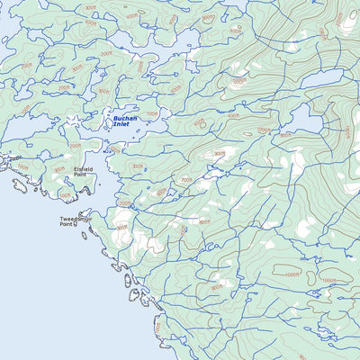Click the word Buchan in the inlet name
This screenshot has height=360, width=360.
[x=124, y=118]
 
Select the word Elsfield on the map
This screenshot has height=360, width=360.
[x=85, y=167]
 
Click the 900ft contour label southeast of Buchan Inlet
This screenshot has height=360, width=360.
[x=219, y=153]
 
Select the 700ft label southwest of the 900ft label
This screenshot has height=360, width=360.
[x=186, y=180]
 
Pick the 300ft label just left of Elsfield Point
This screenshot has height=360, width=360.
[x=59, y=169]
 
